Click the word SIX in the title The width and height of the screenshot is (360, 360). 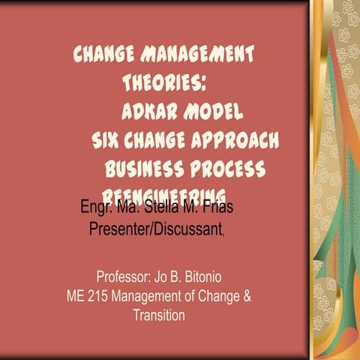tap(107, 139)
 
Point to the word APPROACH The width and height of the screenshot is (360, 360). tap(241, 140)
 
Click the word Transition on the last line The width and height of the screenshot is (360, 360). tap(158, 315)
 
